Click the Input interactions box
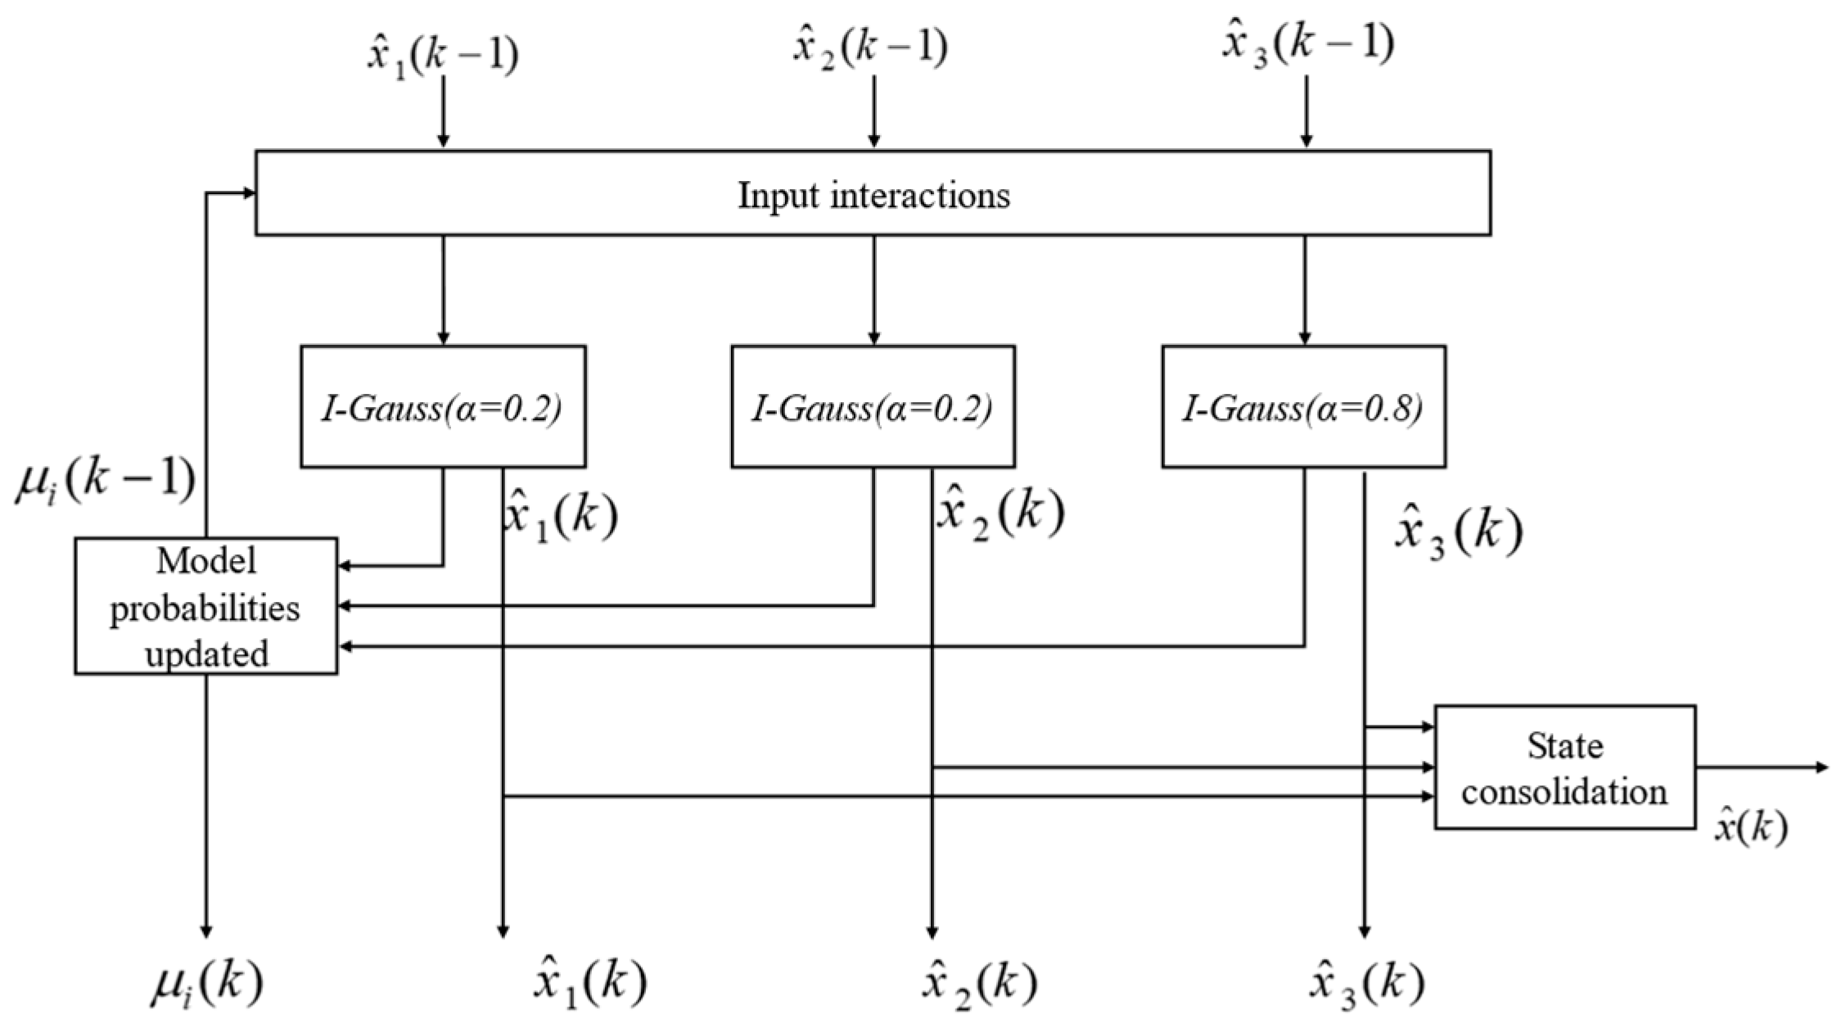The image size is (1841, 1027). [x=873, y=193]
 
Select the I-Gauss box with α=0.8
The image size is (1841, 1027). [x=1303, y=407]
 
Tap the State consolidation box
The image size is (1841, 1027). [x=1564, y=767]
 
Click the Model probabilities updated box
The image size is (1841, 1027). [x=205, y=606]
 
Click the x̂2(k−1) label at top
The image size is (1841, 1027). [x=871, y=48]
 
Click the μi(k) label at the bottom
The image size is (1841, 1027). [x=206, y=984]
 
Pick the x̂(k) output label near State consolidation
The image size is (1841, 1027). [x=1751, y=828]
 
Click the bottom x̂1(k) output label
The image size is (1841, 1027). [x=589, y=984]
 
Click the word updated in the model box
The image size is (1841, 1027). [x=206, y=654]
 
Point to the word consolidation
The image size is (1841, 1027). [x=1564, y=792]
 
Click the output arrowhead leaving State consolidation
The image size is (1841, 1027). [x=1821, y=767]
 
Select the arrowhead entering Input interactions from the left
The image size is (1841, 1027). [x=248, y=192]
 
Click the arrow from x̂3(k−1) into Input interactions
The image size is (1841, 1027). [x=1306, y=111]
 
